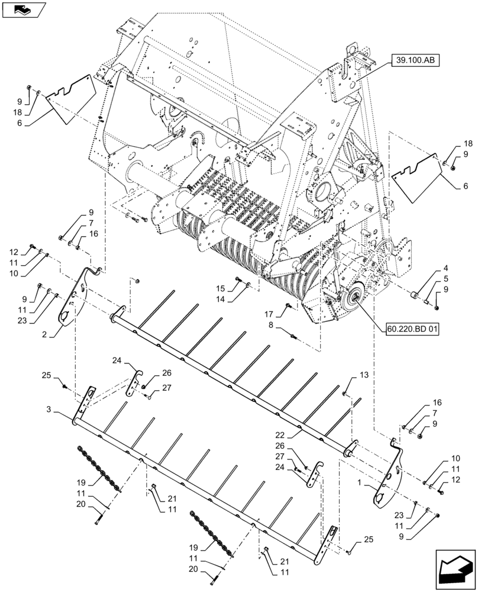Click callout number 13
364,375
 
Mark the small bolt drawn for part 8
296,336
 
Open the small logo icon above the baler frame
22,8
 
